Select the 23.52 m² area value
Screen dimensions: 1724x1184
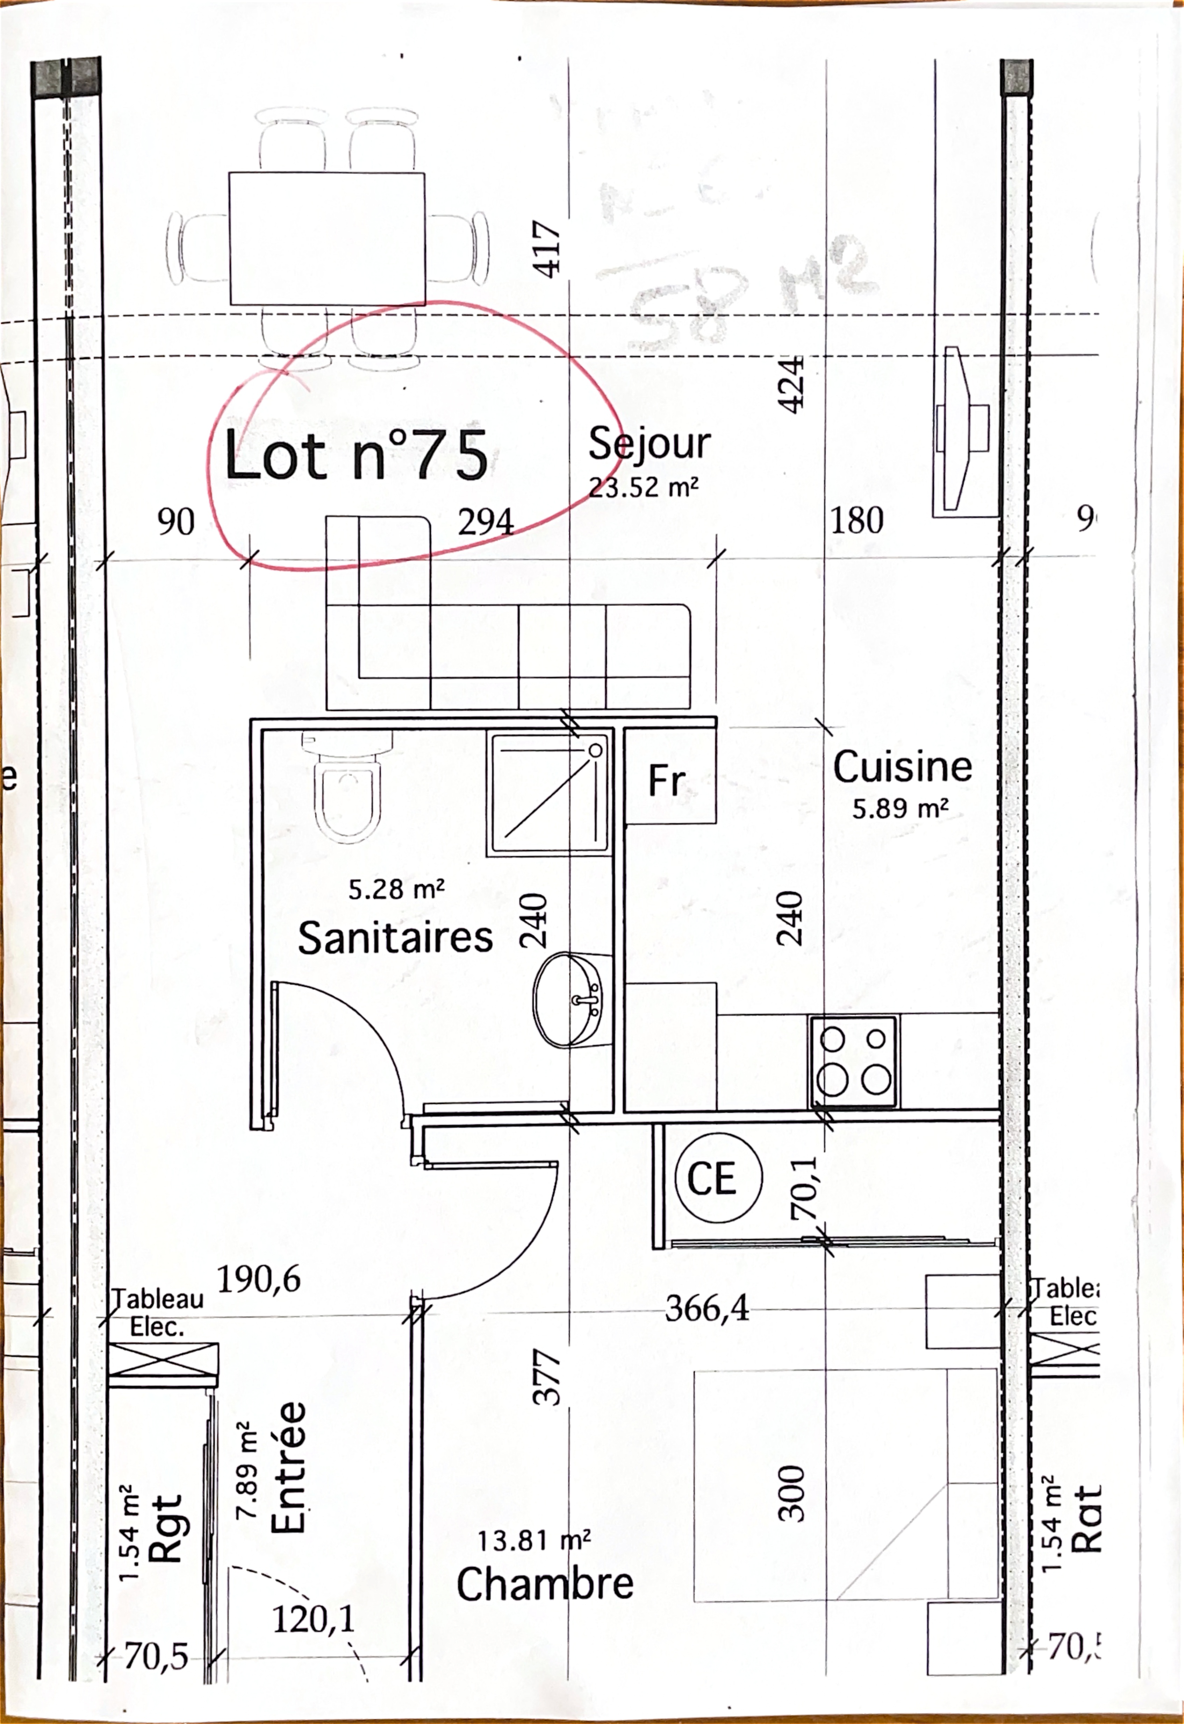[x=643, y=488]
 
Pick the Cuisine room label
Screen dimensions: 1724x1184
[x=902, y=767]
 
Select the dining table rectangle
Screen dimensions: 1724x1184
[x=327, y=238]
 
